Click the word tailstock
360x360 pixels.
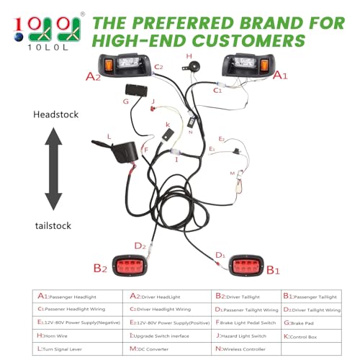coord(54,225)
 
